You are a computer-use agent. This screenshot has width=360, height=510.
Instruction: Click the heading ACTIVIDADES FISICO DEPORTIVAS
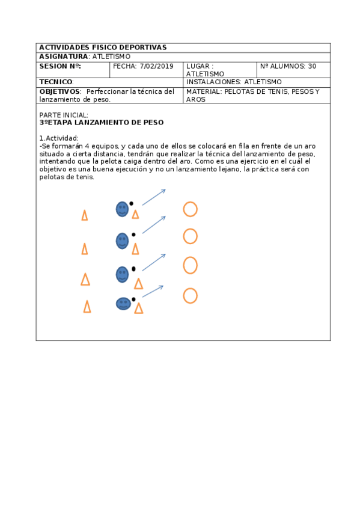103,48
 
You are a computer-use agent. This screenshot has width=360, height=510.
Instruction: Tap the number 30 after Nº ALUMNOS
312,66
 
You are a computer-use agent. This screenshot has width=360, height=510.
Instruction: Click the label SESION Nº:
59,66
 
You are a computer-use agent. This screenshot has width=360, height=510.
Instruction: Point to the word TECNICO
56,82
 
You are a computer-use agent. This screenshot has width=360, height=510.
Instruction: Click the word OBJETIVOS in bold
59,91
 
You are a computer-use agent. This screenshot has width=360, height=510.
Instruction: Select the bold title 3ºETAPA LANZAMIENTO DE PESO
101,122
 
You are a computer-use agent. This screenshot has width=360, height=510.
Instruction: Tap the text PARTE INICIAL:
64,115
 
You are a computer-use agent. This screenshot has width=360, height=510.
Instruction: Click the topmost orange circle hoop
190,209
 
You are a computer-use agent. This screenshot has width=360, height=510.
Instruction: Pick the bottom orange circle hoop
190,295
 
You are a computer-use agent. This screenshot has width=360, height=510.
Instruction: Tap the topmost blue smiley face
122,209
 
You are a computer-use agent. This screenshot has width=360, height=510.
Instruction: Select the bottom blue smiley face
123,304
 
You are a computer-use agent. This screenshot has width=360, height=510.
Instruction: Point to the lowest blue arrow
153,291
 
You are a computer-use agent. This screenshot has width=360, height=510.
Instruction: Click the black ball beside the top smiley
132,203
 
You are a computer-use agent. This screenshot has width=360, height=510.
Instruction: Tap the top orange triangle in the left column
85,215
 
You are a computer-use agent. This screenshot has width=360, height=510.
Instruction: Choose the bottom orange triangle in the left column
87,307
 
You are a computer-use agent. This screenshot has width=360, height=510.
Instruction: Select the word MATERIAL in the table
204,91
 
